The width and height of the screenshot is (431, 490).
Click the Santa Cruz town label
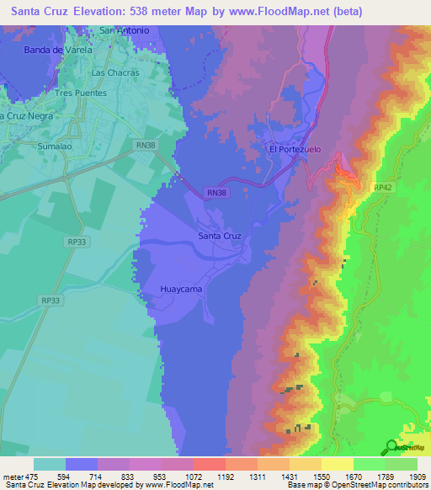[220, 236]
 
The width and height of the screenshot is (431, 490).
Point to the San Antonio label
[125, 30]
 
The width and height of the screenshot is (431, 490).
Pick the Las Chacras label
[114, 72]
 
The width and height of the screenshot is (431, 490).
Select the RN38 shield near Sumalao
[145, 145]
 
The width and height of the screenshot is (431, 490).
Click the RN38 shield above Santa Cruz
[215, 193]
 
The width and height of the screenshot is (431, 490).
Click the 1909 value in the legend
[418, 477]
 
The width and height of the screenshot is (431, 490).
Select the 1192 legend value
[226, 477]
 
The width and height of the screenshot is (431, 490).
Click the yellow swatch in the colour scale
[337, 464]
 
